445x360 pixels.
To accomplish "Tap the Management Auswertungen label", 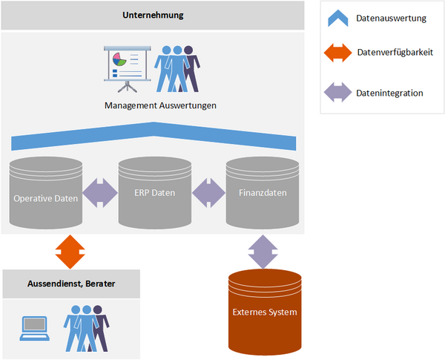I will [x=161, y=105].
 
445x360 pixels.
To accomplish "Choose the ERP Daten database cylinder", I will [x=154, y=193].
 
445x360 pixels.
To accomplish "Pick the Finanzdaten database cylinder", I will [x=262, y=193].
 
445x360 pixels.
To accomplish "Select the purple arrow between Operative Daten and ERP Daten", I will [x=100, y=194].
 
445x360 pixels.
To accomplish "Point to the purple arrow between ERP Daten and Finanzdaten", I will [x=208, y=194].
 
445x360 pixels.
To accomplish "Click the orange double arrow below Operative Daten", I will [x=70, y=252].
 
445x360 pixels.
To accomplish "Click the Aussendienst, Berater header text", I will [x=71, y=284].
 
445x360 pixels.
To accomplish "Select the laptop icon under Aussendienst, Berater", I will [x=35, y=327].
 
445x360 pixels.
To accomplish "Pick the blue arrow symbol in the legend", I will [x=337, y=18].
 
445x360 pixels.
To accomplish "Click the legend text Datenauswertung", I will [x=391, y=18].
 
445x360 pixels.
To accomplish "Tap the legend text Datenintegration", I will [x=389, y=93].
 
